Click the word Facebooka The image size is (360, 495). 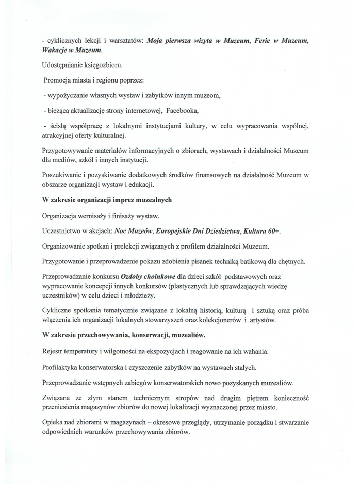pos(182,110)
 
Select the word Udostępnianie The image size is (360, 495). pos(63,65)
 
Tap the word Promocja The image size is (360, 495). pos(59,80)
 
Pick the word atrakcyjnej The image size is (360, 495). pos(61,136)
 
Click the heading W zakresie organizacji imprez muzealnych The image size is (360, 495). pos(107,200)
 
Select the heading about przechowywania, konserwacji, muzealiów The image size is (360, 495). pos(124,335)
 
